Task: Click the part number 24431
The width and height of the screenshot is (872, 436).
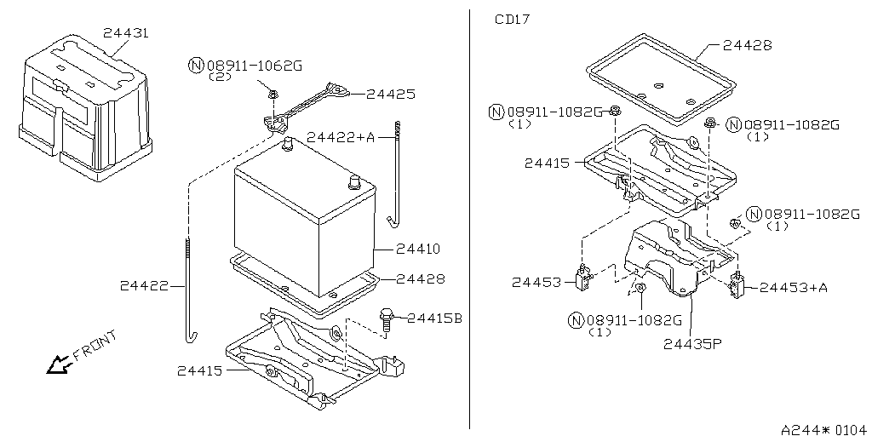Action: tap(126, 33)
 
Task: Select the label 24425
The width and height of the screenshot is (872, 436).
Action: tap(391, 95)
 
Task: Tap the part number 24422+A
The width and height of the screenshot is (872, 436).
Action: tap(341, 136)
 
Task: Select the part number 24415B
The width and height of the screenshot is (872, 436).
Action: tap(434, 318)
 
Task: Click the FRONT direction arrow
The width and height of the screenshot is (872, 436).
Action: tap(58, 365)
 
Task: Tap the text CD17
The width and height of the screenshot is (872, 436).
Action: tap(513, 19)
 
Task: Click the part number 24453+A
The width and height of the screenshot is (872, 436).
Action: tap(794, 287)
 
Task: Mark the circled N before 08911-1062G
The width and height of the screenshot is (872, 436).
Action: tap(196, 65)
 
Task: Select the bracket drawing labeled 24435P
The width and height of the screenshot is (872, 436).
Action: tap(673, 255)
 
